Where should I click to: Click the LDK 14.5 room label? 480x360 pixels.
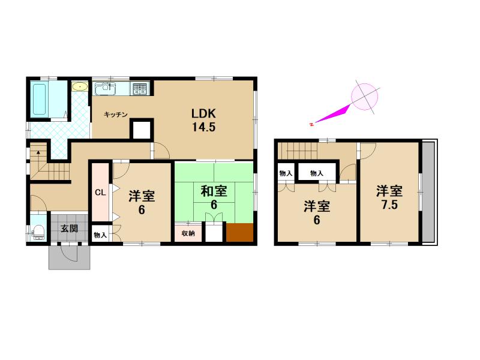click(203, 120)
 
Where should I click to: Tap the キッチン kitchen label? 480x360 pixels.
click(115, 115)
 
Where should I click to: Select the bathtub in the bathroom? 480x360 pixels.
click(39, 99)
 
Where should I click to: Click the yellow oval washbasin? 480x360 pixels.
click(80, 87)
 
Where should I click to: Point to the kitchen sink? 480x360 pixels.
click(106, 88)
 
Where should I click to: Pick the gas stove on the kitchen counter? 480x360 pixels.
click(140, 88)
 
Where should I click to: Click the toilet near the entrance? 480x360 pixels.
click(39, 232)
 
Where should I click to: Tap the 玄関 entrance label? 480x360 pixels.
click(69, 229)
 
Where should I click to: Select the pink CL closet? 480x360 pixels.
click(100, 192)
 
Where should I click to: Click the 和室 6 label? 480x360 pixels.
click(214, 198)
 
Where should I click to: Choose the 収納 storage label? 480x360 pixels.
click(188, 233)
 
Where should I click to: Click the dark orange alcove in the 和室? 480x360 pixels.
click(239, 232)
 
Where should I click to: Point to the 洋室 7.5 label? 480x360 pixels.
click(389, 198)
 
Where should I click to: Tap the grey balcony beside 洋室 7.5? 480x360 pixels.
click(429, 192)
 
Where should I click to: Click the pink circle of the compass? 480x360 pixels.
click(364, 97)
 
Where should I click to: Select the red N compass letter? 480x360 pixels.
click(311, 124)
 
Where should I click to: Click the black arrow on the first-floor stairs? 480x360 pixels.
click(38, 152)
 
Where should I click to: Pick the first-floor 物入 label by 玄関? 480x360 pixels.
click(100, 235)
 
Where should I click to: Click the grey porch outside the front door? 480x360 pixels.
click(70, 257)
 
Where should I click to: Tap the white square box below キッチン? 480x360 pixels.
click(142, 130)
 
